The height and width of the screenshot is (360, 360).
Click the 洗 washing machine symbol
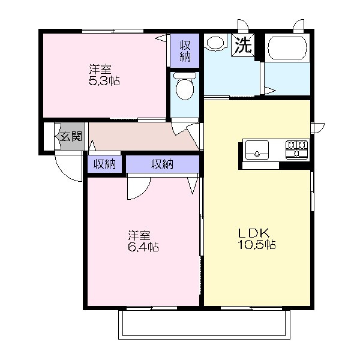(x=243, y=45)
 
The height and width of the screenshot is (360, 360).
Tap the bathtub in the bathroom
(x=287, y=48)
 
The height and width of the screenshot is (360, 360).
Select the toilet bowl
(x=185, y=86)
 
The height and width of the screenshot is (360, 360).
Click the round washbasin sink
(x=215, y=42)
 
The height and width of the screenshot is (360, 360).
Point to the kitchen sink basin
(x=257, y=150)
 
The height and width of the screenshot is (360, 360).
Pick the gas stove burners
(x=296, y=149)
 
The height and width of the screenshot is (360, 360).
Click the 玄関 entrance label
(x=71, y=137)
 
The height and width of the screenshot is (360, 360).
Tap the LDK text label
(x=254, y=234)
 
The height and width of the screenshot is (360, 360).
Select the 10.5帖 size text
(x=257, y=245)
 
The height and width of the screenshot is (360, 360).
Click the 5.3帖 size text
(x=104, y=81)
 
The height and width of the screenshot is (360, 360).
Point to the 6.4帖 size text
(x=143, y=247)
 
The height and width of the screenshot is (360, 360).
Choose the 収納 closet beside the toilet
(x=185, y=50)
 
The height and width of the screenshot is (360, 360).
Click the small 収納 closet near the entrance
(x=104, y=164)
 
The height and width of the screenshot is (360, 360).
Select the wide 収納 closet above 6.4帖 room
(x=163, y=164)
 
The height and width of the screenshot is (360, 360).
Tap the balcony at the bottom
(x=205, y=324)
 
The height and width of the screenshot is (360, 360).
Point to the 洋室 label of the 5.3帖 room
(x=100, y=70)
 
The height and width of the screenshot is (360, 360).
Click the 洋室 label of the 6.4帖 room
(x=139, y=235)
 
